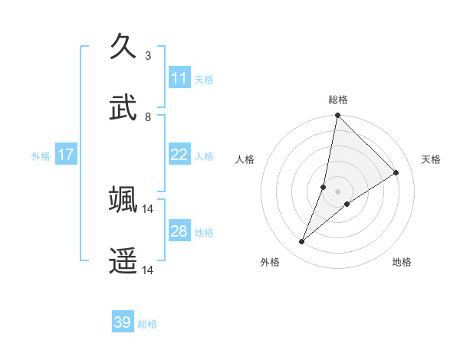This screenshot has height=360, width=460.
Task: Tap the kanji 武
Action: point(123,107)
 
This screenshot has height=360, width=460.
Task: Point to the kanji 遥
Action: point(123,261)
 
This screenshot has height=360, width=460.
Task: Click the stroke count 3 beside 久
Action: point(148,55)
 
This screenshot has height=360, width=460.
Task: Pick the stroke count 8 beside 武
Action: point(148,116)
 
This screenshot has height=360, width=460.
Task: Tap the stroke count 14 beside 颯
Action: point(148,208)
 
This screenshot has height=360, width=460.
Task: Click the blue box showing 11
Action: point(179,78)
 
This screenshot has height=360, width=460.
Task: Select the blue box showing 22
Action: point(179,155)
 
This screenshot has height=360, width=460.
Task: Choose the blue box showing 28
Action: point(179,231)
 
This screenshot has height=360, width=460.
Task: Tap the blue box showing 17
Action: point(66,155)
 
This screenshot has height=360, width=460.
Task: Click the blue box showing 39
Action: point(123,322)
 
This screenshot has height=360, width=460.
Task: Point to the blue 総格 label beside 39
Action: point(147,324)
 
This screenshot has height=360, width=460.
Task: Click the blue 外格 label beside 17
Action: point(41,155)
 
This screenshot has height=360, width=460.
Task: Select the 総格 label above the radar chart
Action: point(337,100)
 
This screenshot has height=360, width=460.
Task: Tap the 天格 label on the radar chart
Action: point(431,159)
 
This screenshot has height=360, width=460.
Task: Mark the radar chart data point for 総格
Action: point(337,116)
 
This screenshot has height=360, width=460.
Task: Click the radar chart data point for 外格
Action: point(302,242)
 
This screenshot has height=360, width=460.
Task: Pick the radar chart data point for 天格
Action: point(396,172)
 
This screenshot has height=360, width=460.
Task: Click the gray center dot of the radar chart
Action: point(337,191)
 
